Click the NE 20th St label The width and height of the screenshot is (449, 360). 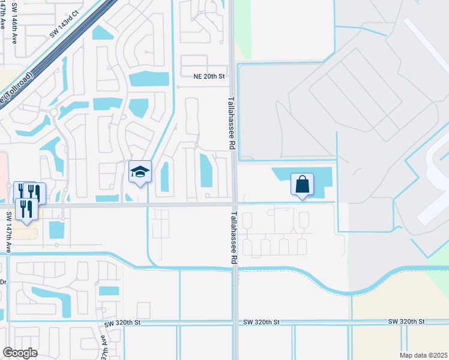point(208,77)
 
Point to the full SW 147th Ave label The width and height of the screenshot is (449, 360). point(8,232)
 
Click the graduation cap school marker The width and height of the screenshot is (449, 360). point(140,172)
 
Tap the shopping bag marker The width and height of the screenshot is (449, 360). point(303,184)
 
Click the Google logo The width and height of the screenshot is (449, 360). point(20,353)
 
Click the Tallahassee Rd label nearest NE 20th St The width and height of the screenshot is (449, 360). point(231,123)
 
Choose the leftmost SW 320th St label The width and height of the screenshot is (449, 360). point(122,323)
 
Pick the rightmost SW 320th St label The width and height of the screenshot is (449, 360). point(408,322)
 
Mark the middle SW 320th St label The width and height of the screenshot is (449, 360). point(262,322)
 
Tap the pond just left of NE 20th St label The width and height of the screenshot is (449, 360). point(149,79)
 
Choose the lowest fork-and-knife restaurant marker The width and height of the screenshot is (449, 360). point(25,209)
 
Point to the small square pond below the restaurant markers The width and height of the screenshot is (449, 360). point(56,230)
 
